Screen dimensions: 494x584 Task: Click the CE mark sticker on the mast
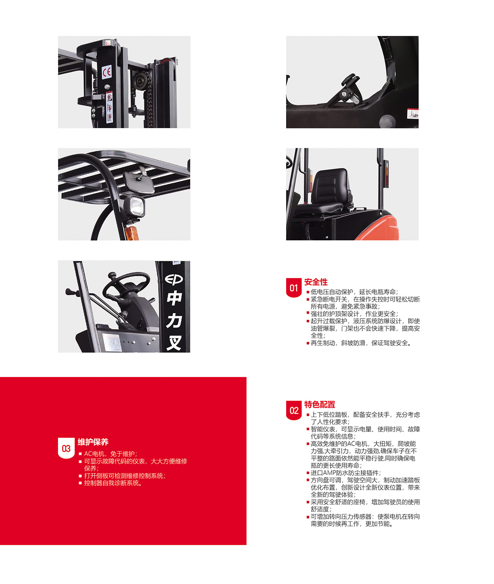coord(107,72)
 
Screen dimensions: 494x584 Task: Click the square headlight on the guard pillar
coord(136,206)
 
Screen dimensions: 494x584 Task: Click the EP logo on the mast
coord(174,279)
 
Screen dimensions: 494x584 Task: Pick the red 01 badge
coord(294,288)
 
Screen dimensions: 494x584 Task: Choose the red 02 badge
coord(294,410)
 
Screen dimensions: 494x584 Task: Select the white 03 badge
coord(66,448)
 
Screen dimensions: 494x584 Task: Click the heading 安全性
coord(316,282)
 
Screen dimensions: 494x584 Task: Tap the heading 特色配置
coord(319,405)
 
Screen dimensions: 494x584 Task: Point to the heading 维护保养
coord(93,442)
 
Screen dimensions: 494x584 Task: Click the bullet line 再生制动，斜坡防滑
coord(359,343)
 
